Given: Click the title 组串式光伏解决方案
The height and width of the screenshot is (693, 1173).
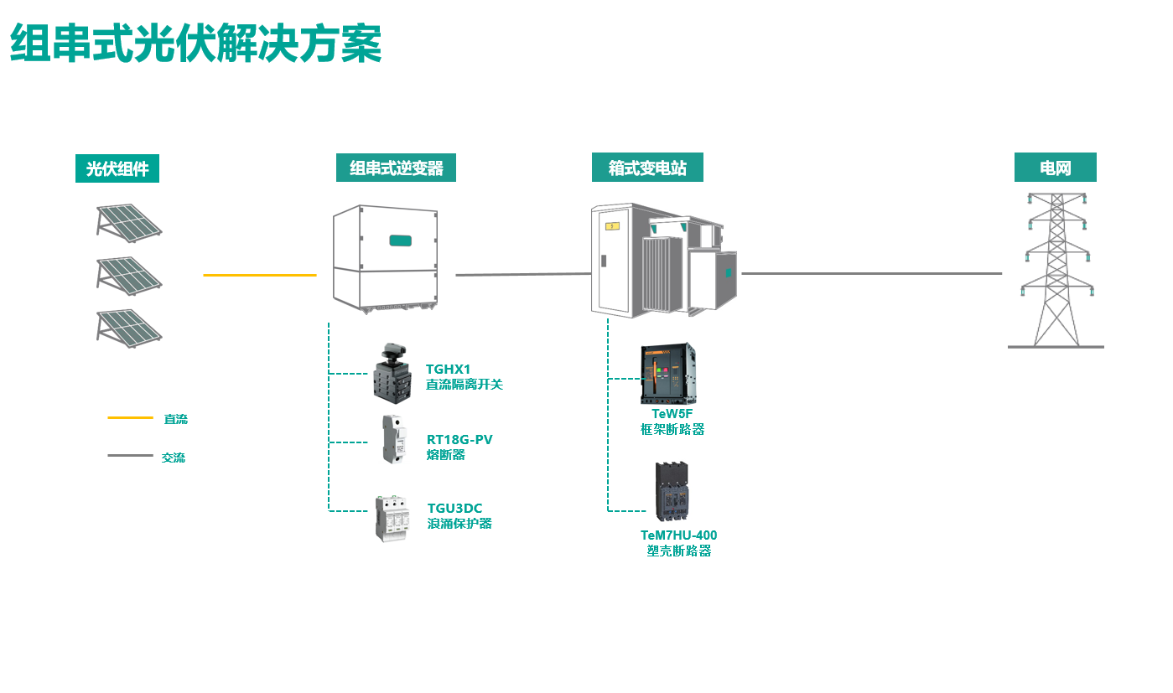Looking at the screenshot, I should click(x=195, y=43).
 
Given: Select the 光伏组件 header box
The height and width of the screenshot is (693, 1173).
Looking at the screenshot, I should click(x=117, y=168).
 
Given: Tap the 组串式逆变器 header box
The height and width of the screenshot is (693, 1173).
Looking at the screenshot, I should click(x=396, y=168).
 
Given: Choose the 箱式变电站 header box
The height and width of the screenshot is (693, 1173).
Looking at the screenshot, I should click(x=646, y=168).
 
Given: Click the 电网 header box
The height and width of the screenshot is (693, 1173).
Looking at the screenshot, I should click(x=1055, y=168).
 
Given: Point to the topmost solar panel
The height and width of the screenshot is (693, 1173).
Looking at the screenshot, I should click(x=128, y=222).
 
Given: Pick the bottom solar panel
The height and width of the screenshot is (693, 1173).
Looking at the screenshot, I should click(x=128, y=327).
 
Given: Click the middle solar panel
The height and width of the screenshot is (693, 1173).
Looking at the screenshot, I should click(x=128, y=275).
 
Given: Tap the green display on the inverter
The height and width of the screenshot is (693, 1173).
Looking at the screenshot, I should click(x=401, y=241).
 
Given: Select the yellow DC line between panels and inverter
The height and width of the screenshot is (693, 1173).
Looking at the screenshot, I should click(x=259, y=275).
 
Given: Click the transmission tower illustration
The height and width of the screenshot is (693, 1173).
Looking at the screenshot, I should click(x=1056, y=270).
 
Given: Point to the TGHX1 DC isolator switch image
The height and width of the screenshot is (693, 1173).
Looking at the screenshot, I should click(x=392, y=373).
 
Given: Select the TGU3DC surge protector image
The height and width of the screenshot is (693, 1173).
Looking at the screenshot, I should click(x=392, y=518).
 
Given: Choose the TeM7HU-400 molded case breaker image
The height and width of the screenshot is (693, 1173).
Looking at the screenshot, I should click(x=672, y=491).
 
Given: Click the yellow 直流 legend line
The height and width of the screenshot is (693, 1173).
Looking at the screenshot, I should click(x=130, y=417).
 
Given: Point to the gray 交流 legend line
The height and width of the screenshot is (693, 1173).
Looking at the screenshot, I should click(x=130, y=456).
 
